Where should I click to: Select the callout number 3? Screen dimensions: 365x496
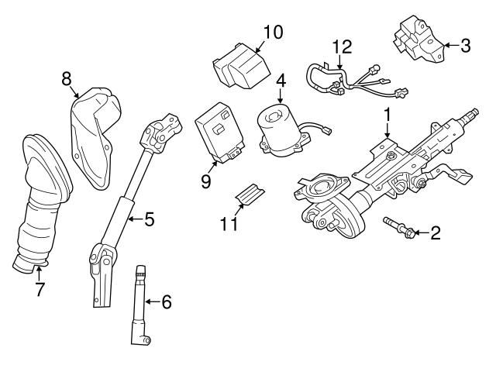pos(465,46)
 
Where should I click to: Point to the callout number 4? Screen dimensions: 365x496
pos(281,81)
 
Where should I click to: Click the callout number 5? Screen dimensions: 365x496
pos(150,219)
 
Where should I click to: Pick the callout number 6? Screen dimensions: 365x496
pos(166,301)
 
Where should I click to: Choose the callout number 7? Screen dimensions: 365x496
pos(39,290)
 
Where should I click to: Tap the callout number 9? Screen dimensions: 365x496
pos(205,181)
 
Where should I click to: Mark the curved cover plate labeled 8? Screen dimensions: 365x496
pos(93,136)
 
